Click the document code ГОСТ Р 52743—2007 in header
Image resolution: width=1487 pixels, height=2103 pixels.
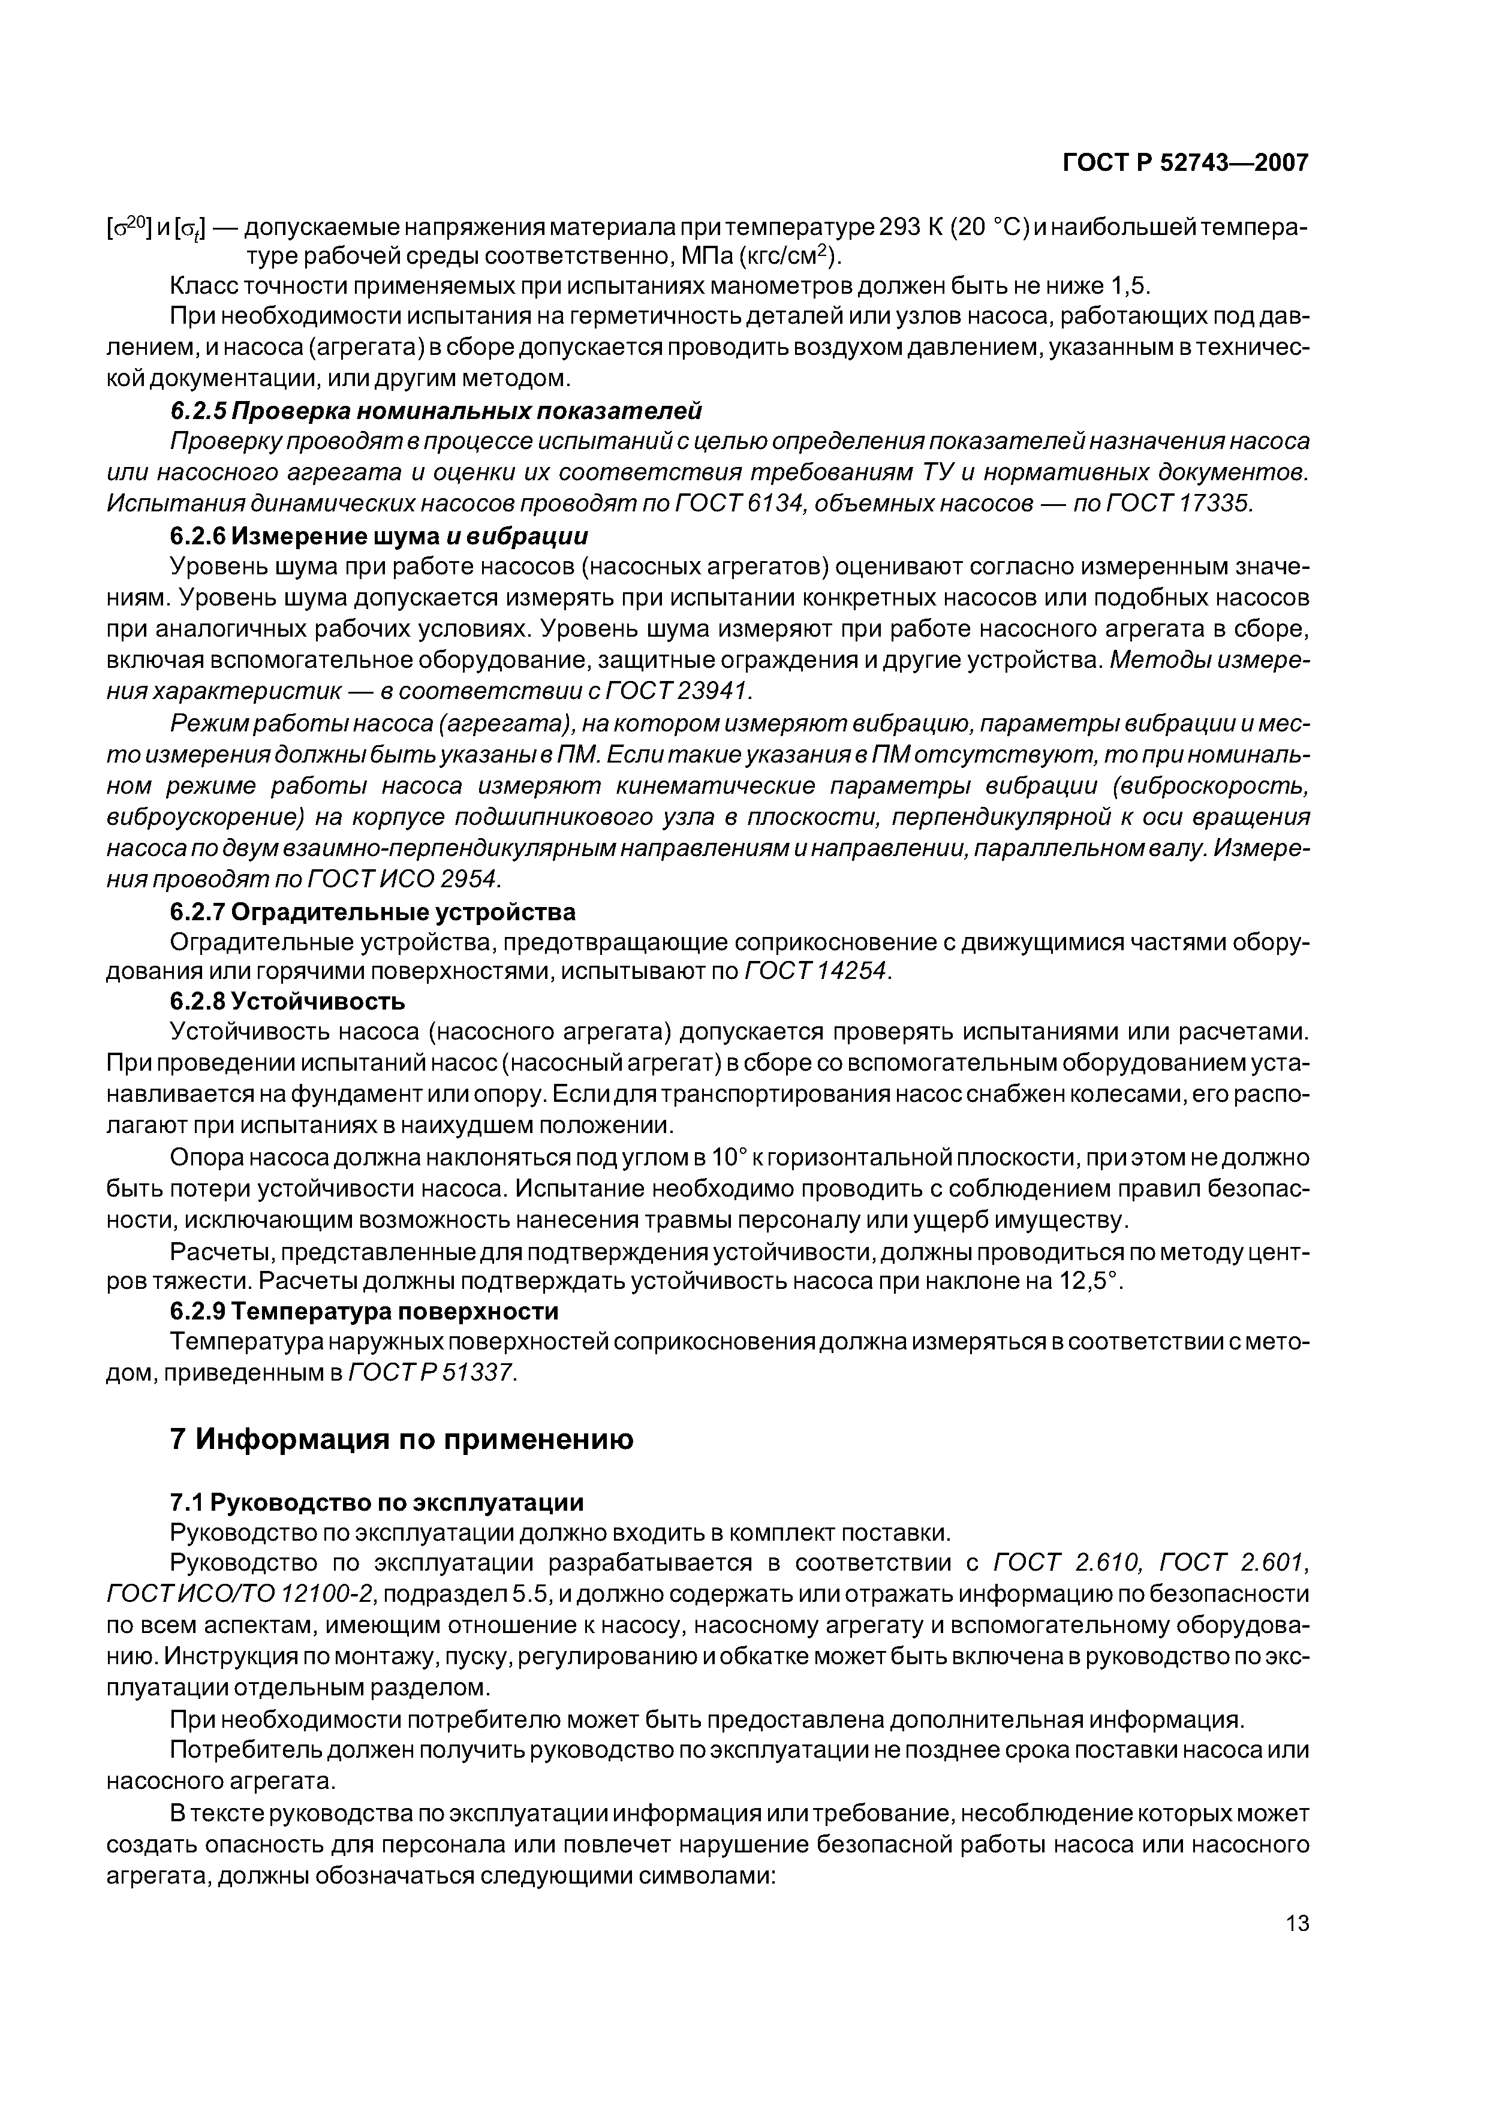click(x=1185, y=163)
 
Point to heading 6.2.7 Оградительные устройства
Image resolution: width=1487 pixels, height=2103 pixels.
click(x=373, y=912)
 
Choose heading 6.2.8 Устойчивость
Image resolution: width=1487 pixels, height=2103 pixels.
click(x=288, y=1001)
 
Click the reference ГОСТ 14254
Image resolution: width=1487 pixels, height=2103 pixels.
click(x=816, y=971)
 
